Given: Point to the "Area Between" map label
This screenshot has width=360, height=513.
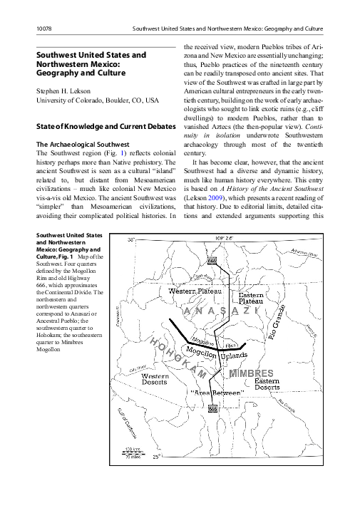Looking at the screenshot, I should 212,393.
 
